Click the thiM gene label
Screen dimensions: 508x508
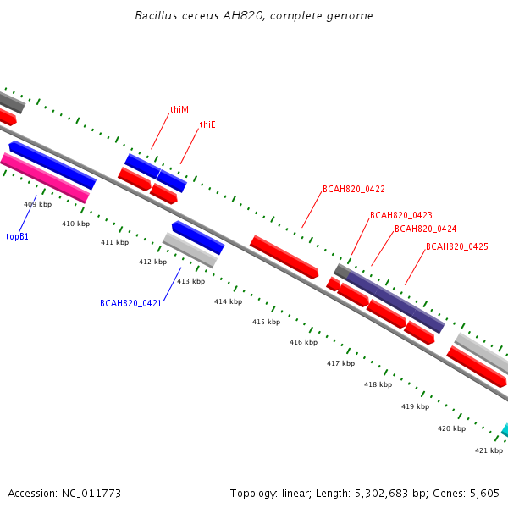179,109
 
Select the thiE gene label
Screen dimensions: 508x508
207,124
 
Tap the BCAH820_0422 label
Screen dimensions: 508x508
354,189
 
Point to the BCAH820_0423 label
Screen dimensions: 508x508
401,215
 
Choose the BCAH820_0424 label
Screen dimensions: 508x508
425,229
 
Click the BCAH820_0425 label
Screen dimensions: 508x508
457,246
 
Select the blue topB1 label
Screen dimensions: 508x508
17,236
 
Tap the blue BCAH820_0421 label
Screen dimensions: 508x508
130,303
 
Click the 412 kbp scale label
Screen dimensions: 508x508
153,262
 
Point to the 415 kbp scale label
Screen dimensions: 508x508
267,322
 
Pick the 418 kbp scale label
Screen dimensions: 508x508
378,384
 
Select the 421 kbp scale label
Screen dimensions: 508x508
489,450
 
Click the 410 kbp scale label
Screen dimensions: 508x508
76,224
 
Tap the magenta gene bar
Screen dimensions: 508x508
45,178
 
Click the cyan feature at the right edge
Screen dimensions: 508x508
505,430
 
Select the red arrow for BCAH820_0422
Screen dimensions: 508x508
284,257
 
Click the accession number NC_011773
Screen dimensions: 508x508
91,494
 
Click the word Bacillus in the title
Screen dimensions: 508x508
156,15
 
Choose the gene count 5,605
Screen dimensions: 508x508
484,494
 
